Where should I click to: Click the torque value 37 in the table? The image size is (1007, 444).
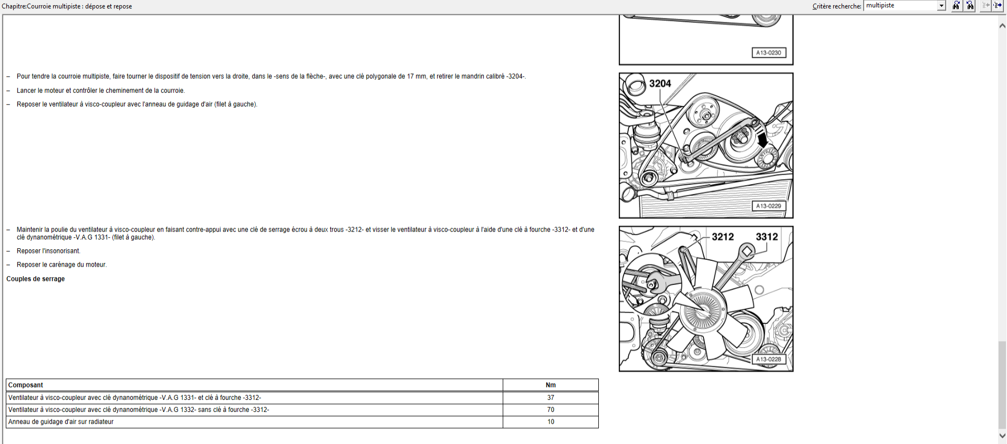[551, 398]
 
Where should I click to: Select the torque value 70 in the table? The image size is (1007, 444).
[551, 410]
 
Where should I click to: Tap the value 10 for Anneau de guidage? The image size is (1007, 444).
[551, 422]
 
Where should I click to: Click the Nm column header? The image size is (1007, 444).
[551, 385]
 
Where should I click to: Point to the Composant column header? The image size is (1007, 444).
[26, 385]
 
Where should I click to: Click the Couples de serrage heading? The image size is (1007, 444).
[36, 279]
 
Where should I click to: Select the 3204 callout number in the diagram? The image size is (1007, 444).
[660, 83]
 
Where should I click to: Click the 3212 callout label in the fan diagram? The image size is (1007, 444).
[723, 237]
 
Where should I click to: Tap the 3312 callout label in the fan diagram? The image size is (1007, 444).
[767, 237]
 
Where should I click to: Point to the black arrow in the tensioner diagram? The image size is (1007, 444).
[762, 139]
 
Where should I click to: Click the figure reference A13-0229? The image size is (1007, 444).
[769, 206]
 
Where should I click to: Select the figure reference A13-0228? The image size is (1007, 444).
[769, 360]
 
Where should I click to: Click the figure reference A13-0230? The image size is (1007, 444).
[769, 52]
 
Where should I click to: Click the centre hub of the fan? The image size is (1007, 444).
[703, 310]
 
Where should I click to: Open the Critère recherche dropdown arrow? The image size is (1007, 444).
[941, 6]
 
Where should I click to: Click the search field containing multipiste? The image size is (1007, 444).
[901, 5]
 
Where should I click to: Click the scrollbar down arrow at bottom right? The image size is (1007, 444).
[1002, 436]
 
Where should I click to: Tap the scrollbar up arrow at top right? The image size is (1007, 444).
[1002, 25]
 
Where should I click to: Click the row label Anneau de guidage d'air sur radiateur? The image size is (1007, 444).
[61, 422]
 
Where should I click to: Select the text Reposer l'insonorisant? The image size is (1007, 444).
[48, 251]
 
